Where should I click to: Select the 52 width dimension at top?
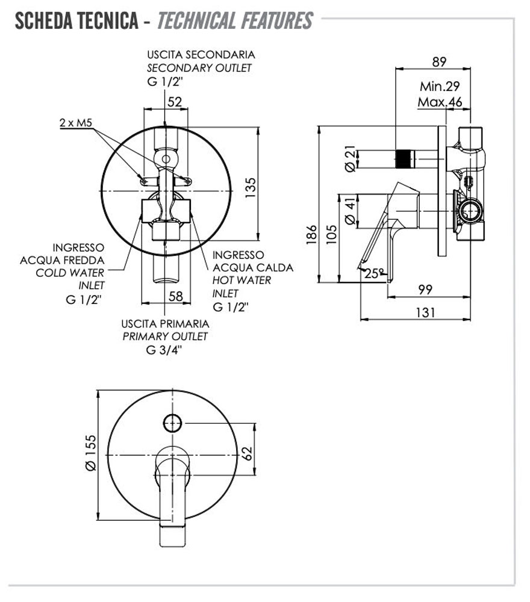coord(175,102)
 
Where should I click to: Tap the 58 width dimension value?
coord(175,296)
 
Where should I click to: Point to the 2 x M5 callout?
coord(76,123)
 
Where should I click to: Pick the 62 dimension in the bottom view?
coord(248,452)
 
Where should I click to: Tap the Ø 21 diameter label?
coord(349,159)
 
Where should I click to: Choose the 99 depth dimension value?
coord(425,290)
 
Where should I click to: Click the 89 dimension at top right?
coord(439,61)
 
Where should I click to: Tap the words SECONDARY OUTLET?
coord(199,68)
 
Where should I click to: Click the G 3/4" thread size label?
coord(164,352)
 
